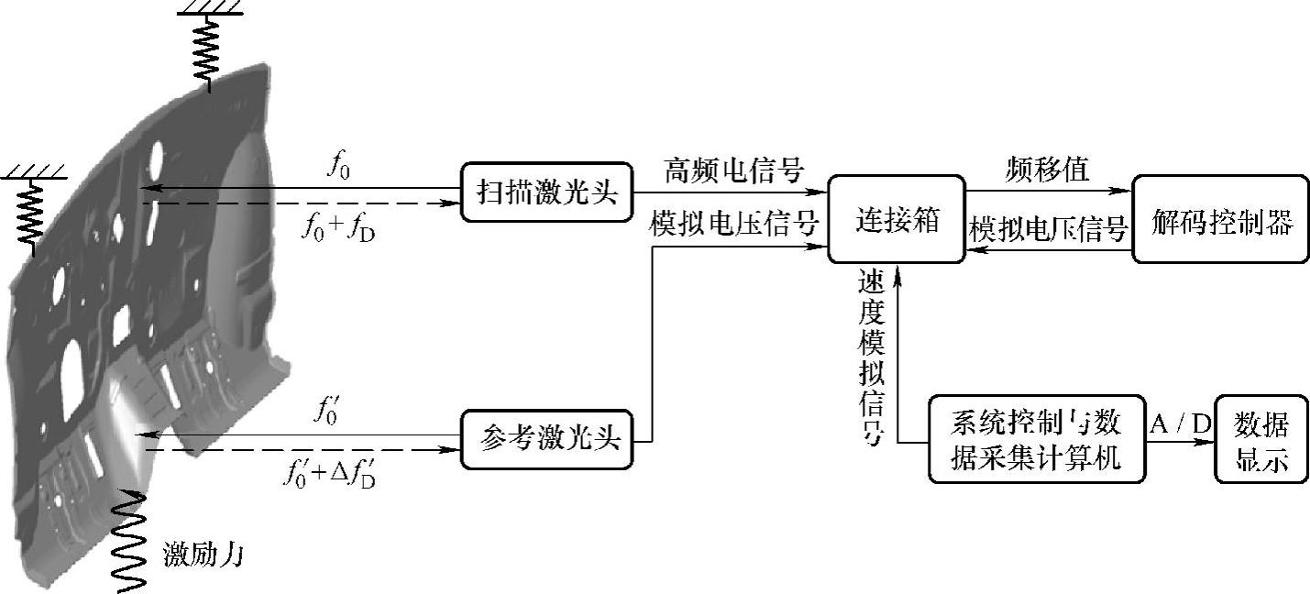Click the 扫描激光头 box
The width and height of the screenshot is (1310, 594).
click(x=545, y=192)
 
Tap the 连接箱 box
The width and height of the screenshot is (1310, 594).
click(x=897, y=220)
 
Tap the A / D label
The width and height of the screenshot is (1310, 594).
click(x=1178, y=423)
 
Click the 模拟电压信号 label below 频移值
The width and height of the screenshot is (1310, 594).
click(x=1049, y=229)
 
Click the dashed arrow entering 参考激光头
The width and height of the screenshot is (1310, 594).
click(x=303, y=450)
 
